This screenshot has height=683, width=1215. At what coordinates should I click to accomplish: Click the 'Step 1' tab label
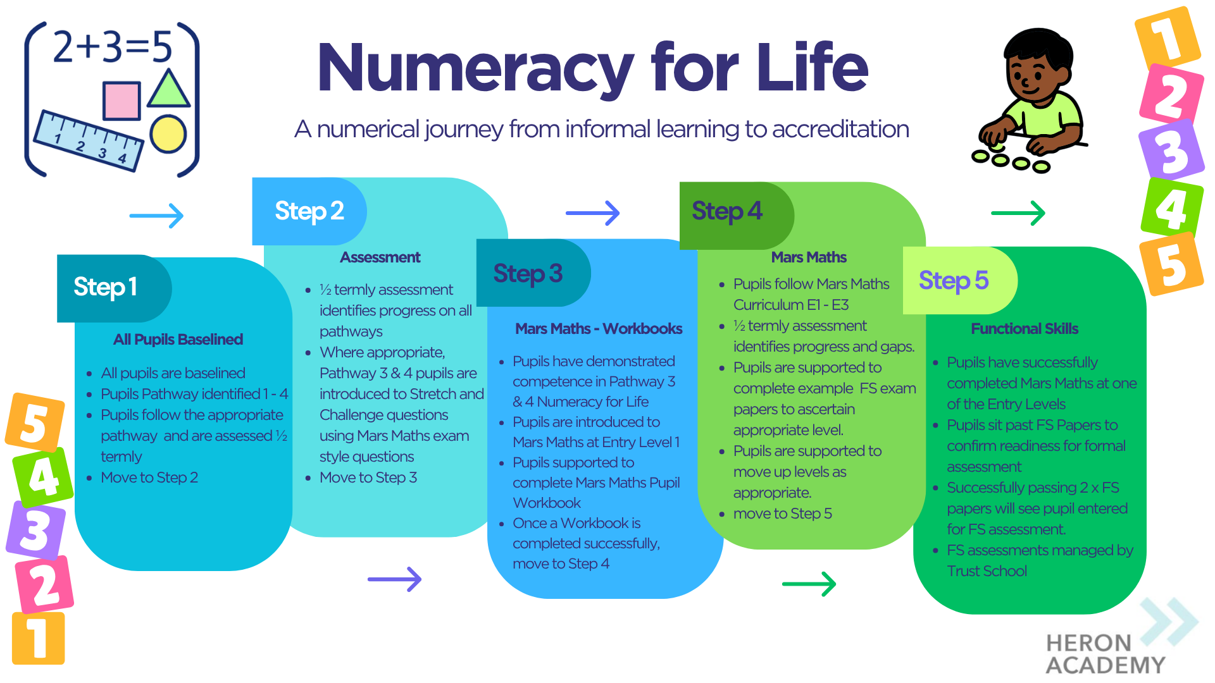click(x=105, y=287)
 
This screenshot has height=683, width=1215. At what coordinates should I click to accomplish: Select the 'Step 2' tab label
click(x=309, y=211)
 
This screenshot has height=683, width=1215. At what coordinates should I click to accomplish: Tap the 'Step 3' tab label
click(x=528, y=274)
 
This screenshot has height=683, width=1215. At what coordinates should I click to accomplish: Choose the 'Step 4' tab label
click(x=726, y=211)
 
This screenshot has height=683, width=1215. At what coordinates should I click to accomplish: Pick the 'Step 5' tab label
click(x=953, y=281)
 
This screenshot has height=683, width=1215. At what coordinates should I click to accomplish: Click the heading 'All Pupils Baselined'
click(x=178, y=340)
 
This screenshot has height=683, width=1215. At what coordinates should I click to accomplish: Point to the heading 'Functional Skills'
click(x=1024, y=329)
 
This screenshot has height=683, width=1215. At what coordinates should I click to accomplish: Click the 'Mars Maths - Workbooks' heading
click(x=598, y=329)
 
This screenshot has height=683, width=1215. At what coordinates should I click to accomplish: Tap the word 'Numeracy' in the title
click(x=475, y=68)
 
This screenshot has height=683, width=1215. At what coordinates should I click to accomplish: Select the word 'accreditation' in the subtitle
click(x=840, y=130)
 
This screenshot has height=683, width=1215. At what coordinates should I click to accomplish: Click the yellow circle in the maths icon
click(x=168, y=134)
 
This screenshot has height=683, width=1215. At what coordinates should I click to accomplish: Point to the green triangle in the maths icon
click(x=168, y=90)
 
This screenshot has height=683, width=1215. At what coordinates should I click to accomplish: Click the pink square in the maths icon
click(x=121, y=101)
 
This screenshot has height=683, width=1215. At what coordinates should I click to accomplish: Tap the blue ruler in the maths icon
click(x=89, y=140)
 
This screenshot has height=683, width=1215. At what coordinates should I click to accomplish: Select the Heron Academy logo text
click(x=1104, y=654)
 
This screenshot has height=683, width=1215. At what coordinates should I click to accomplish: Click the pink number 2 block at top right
click(x=1171, y=95)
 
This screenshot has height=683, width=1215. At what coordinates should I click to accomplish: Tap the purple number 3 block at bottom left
click(x=37, y=530)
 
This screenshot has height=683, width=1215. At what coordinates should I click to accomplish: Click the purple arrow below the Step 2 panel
click(x=394, y=579)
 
